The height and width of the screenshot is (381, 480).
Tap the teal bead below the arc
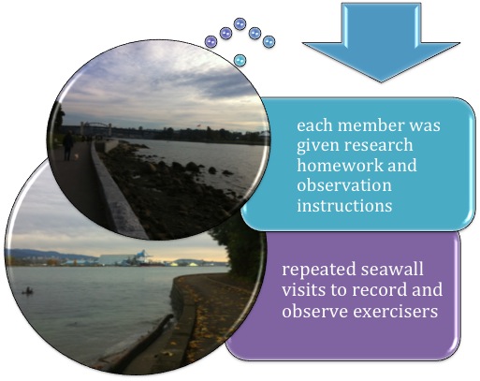pos(240,60)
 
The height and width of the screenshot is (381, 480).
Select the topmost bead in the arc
pos(240,24)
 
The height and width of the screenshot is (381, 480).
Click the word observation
pos(344,185)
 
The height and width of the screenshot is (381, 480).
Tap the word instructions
pos(344,206)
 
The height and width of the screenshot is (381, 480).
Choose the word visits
pos(304,289)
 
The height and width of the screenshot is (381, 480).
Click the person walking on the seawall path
pos(67,146)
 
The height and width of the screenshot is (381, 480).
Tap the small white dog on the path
pos(77,156)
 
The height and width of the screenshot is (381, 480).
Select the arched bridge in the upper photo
pos(95,127)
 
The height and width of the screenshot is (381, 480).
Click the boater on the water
pos(28,291)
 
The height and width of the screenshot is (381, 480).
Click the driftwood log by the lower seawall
pos(147,343)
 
